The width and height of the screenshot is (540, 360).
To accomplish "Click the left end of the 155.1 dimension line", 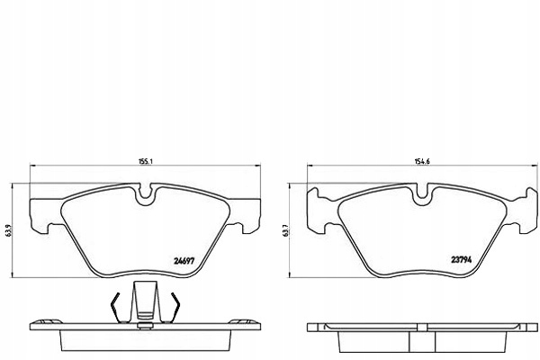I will click(x=32, y=167).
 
